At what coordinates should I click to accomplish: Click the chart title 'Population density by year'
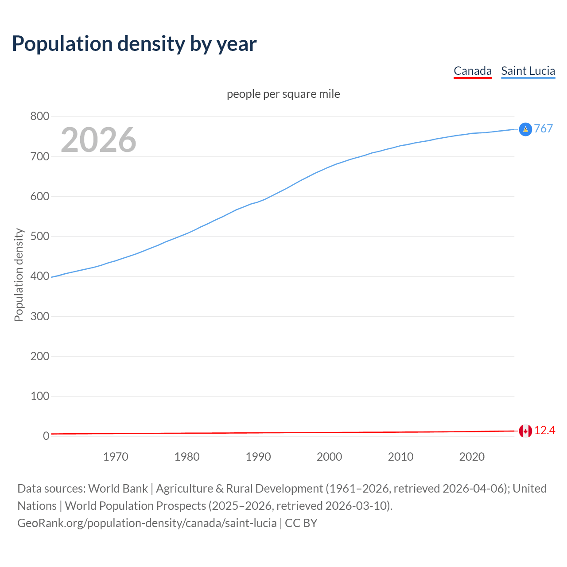134,44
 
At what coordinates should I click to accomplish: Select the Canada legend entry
473,71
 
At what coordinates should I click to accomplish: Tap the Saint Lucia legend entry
528,71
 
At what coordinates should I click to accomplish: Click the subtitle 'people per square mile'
283,94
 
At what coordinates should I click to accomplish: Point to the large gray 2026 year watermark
98,140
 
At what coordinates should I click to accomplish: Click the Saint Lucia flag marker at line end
525,129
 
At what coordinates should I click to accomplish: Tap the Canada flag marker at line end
525,431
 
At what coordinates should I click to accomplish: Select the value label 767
544,128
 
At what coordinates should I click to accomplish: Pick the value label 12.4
544,431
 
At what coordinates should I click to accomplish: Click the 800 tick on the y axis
39,117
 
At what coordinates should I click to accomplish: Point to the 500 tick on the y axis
39,236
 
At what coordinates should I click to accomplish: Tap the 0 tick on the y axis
46,436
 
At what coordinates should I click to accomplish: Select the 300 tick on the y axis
39,316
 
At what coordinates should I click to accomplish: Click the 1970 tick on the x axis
116,457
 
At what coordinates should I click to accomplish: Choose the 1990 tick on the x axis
258,457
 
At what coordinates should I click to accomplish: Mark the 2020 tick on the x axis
472,457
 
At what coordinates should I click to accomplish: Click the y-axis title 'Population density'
19,275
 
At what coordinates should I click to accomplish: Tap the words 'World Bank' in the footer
118,489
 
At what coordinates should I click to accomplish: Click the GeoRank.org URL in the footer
147,523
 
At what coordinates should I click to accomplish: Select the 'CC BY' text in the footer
301,523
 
